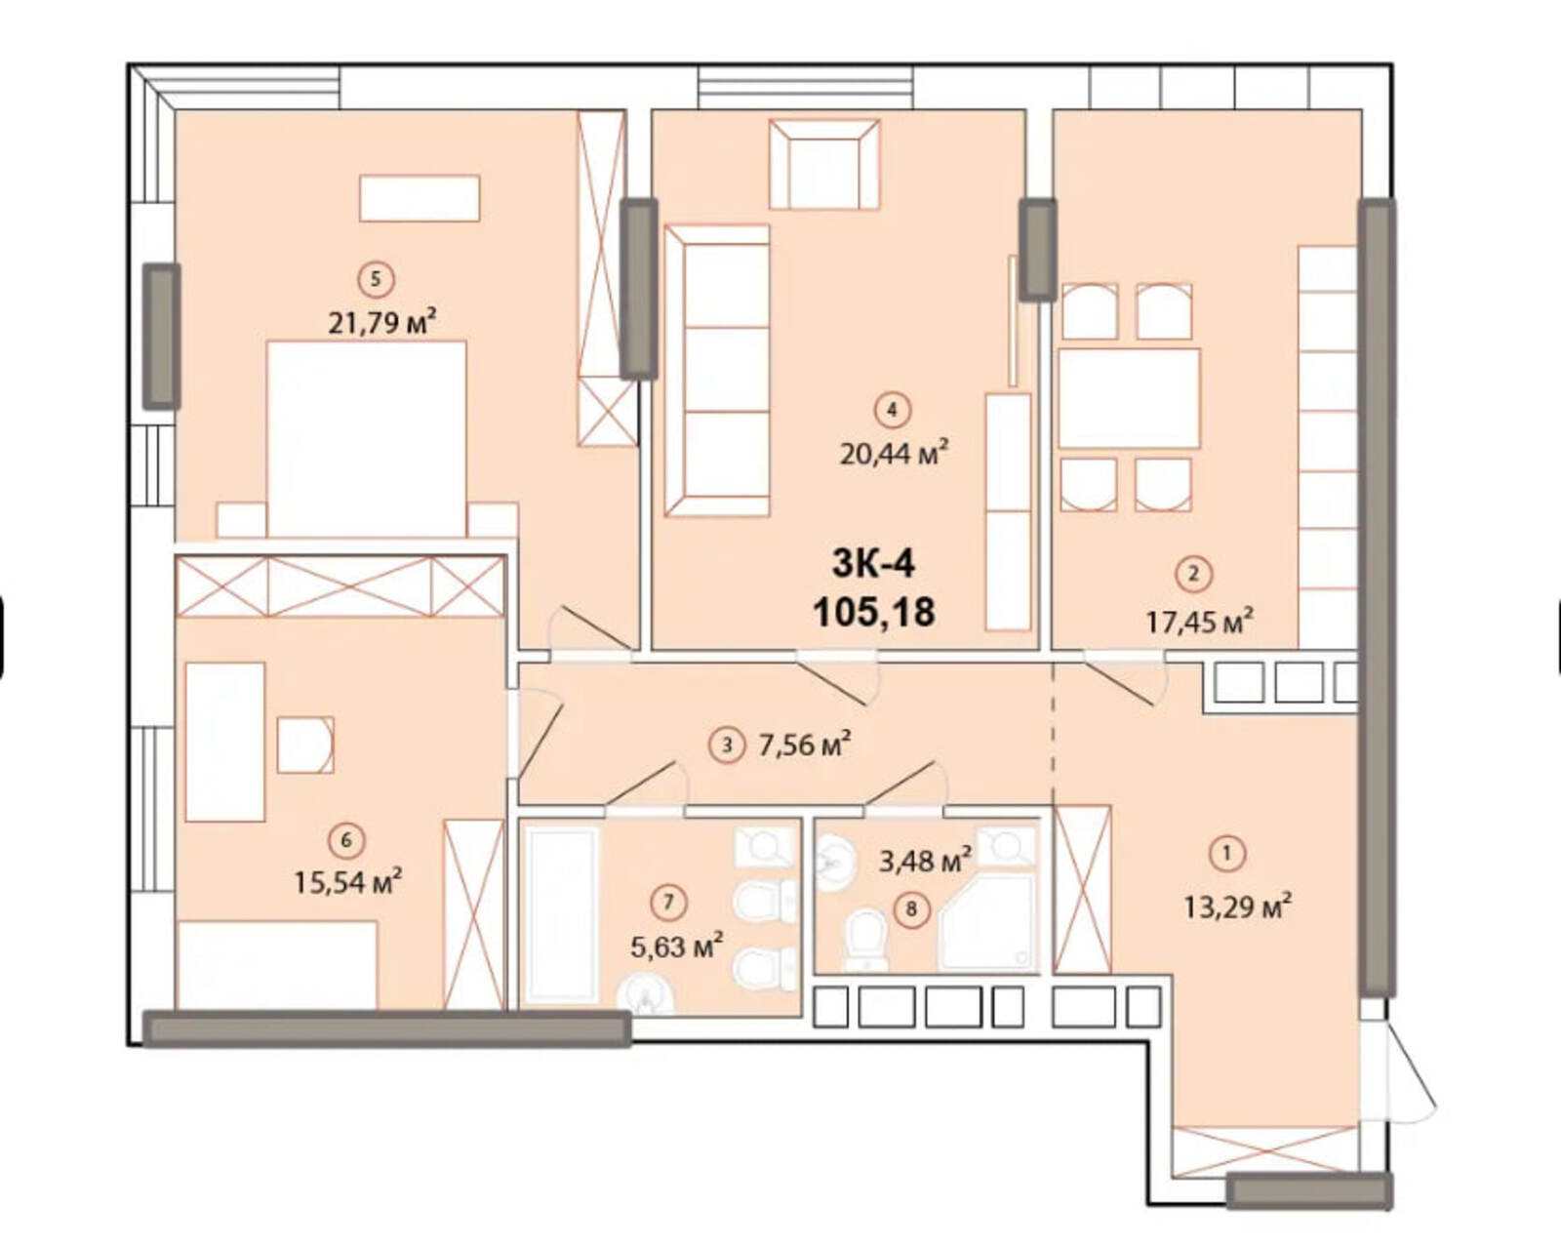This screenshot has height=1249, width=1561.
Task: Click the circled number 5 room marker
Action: [x=376, y=279]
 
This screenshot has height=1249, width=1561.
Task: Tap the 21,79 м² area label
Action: [x=382, y=321]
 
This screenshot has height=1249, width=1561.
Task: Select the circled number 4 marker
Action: [x=892, y=410]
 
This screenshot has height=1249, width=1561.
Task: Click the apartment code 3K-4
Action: [x=874, y=563]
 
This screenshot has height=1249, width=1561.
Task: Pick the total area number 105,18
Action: [x=874, y=612]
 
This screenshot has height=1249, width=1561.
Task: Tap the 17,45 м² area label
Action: [x=1200, y=622]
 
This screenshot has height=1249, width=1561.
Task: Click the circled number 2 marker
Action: [x=1194, y=574]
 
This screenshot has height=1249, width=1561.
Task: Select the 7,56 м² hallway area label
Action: [x=805, y=745]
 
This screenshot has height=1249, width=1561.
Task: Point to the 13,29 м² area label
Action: [x=1237, y=907]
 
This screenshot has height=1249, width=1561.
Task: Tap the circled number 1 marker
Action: [x=1227, y=853]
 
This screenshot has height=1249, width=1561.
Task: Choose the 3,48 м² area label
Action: [x=926, y=861]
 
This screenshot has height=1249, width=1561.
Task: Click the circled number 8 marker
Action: [x=912, y=908]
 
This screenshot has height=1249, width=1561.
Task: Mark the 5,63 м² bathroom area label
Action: [x=677, y=946]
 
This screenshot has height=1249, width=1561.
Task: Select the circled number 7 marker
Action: [x=668, y=902]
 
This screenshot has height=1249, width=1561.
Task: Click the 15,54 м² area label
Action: [x=348, y=882]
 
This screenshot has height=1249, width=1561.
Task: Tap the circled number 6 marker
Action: [x=346, y=840]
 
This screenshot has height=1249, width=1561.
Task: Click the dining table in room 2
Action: [x=1129, y=398]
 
